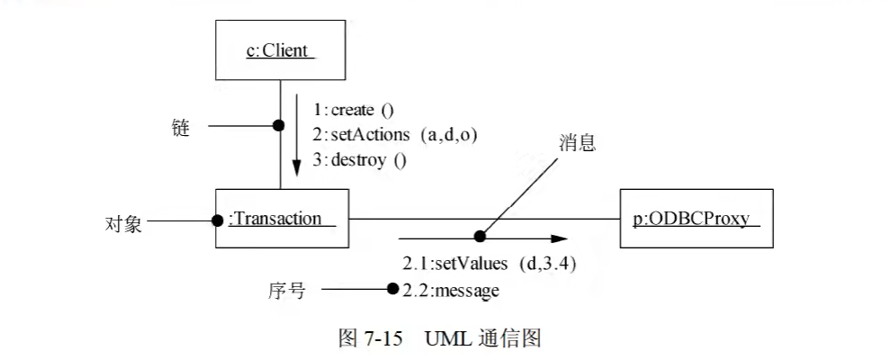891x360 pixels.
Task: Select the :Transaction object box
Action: click(282, 218)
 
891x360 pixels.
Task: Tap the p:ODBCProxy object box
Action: click(697, 218)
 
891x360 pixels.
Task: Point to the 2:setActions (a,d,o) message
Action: click(395, 135)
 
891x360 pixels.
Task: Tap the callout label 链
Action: click(180, 128)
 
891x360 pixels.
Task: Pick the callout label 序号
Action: click(287, 291)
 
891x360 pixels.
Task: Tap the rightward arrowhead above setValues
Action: click(560, 239)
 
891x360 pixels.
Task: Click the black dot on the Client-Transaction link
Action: click(279, 125)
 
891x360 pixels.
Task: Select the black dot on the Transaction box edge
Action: click(217, 220)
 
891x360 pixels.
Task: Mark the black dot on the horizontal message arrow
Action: click(480, 236)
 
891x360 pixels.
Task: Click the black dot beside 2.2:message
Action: click(392, 289)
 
